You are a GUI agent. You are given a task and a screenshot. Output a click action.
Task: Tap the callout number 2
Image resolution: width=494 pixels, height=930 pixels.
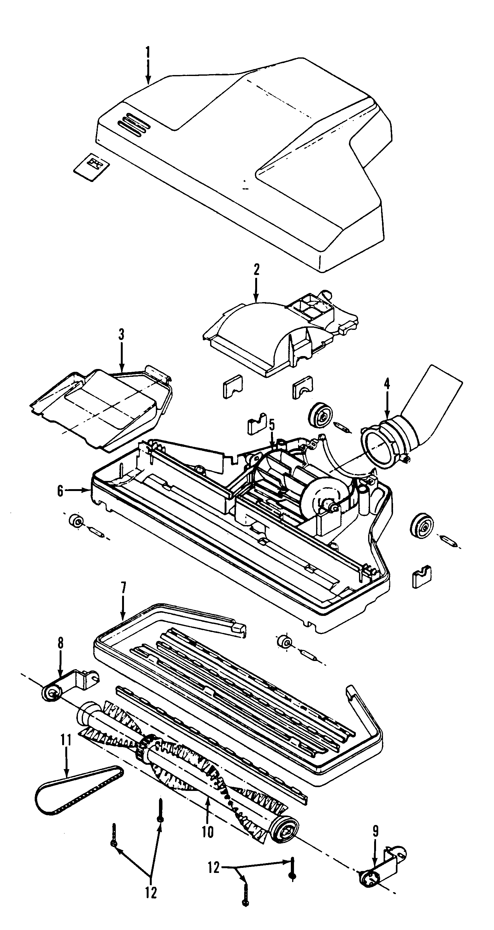(x=256, y=270)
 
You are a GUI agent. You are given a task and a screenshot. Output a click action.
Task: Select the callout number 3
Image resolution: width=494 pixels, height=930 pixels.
(x=121, y=335)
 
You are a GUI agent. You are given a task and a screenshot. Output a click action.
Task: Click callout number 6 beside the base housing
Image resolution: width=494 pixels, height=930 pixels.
(x=60, y=491)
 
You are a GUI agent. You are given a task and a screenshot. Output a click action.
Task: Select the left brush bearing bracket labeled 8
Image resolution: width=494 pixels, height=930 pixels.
(x=69, y=685)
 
